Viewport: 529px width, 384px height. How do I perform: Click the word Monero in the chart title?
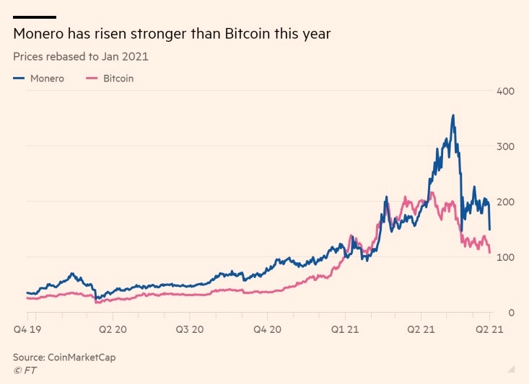pos(38,34)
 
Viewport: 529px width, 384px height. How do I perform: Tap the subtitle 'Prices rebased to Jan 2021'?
pos(81,57)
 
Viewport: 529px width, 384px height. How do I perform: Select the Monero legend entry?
pos(38,79)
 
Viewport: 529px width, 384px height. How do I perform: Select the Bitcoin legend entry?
pos(110,79)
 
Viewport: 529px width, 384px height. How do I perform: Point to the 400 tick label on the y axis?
pos(505,91)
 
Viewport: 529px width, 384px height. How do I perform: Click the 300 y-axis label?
pos(505,146)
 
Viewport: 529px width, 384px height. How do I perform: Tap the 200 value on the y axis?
pos(505,202)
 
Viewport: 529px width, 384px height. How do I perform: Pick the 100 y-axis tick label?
pos(505,257)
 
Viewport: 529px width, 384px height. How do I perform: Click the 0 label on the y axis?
pos(511,313)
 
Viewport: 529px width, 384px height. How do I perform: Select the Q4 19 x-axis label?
pos(27,329)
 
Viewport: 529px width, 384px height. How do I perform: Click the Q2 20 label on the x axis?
pos(113,329)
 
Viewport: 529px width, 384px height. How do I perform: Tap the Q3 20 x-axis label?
pos(190,329)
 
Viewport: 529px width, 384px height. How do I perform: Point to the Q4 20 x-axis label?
pos(267,329)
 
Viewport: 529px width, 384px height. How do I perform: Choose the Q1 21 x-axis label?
pos(345,329)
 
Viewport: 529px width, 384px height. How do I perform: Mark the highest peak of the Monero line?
pos(453,115)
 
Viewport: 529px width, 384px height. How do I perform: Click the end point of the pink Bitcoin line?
pos(490,252)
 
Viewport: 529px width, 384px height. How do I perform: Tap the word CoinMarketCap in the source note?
pos(82,357)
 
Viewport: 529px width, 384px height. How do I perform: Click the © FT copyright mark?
pos(25,370)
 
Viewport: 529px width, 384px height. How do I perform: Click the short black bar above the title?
pos(35,17)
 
